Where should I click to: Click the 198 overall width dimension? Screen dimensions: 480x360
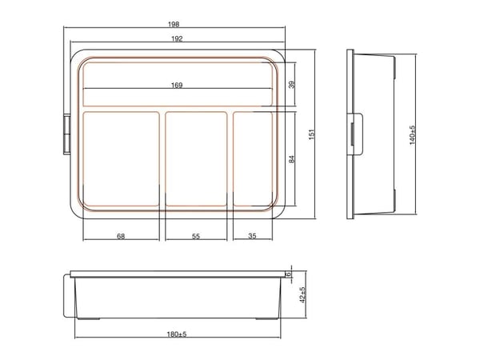174,24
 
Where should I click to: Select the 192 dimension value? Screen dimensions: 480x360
177,38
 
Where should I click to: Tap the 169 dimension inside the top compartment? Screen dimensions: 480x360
177,85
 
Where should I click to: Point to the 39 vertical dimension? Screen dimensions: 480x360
292,85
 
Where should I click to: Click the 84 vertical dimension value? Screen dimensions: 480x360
292,159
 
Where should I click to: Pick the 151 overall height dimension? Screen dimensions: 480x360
311,134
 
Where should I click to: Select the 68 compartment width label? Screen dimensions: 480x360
121,236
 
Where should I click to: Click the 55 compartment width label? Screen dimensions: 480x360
196,236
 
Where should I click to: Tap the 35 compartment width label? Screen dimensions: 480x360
252,236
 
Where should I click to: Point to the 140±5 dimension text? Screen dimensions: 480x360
412,135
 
